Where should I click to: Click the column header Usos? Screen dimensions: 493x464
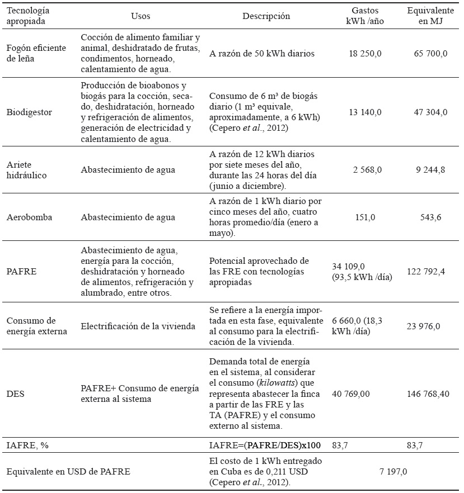[x=140, y=16]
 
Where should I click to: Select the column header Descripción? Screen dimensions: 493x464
[x=266, y=16]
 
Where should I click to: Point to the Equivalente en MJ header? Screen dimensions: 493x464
[x=429, y=16]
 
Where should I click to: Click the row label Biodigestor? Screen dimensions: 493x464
[x=29, y=112]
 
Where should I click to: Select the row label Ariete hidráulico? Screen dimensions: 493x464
[x=27, y=169]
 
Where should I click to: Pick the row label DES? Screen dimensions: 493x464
[x=15, y=394]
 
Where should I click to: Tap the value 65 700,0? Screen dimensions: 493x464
[x=429, y=54]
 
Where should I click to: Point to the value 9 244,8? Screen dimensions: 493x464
[x=429, y=169]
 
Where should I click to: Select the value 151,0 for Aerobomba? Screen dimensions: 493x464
[x=365, y=217]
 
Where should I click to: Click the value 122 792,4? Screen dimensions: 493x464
[x=429, y=272]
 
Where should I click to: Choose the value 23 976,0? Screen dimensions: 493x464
[x=429, y=326]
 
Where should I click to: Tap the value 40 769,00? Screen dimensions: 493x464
[x=351, y=394]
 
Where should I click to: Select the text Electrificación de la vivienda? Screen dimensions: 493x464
[x=138, y=326]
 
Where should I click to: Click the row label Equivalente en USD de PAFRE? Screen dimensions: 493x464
[x=68, y=471]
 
